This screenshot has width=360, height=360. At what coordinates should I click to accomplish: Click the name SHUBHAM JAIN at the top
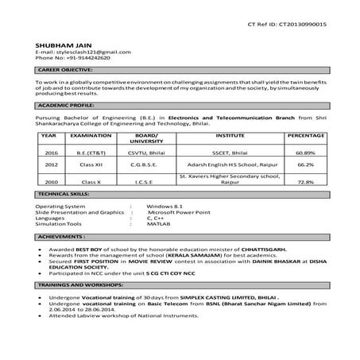[x=59, y=45]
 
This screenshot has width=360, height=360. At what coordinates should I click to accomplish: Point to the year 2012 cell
[x=52, y=165]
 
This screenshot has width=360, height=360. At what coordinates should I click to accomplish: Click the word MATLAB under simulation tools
[x=159, y=224]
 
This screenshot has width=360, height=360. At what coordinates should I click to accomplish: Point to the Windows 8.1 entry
[x=165, y=206]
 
